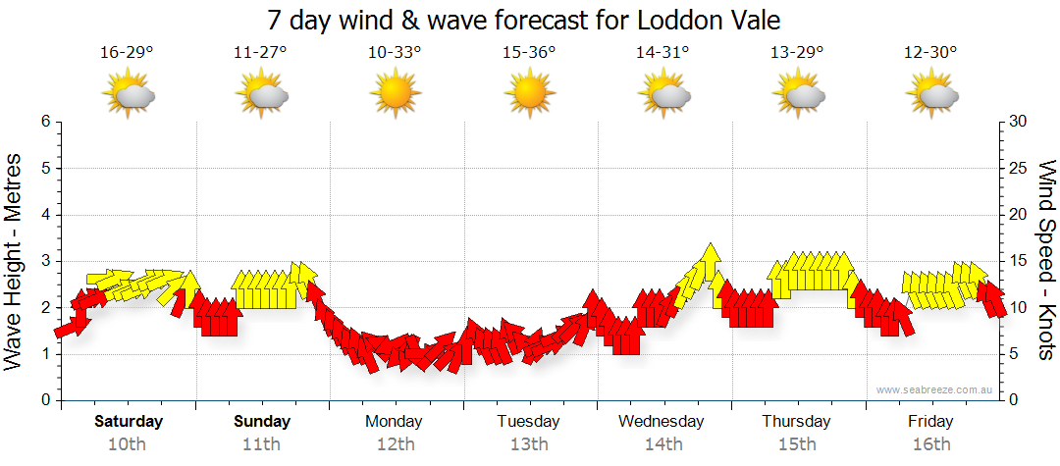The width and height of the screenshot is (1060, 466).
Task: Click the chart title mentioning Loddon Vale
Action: point(530,21)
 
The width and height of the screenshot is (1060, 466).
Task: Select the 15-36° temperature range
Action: point(529,52)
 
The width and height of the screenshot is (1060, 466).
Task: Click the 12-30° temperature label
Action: point(930,52)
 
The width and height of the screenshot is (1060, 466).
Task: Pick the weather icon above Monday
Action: point(395,95)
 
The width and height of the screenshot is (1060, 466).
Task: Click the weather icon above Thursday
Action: point(797,95)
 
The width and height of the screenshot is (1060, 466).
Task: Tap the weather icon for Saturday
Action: point(128,95)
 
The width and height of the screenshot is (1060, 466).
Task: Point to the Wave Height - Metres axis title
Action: point(15,261)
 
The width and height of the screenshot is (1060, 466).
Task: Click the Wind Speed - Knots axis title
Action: point(1045,261)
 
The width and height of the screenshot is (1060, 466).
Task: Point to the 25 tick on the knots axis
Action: point(1020,168)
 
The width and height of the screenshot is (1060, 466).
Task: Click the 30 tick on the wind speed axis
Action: point(1020,122)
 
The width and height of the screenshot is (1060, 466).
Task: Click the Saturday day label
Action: point(128,422)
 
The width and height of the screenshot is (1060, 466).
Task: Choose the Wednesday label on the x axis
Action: point(662,422)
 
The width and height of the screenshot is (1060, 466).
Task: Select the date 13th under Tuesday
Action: point(528,444)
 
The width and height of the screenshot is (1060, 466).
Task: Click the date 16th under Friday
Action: point(930,444)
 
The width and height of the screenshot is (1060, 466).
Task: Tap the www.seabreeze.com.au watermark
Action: point(935,389)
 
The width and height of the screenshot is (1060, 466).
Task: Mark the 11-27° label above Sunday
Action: point(261,52)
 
